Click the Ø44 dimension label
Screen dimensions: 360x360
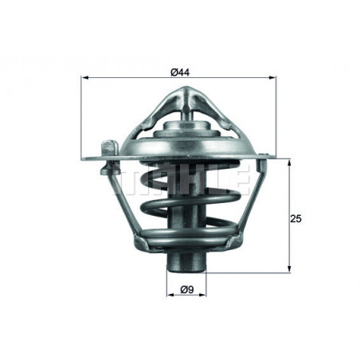[179, 71]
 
